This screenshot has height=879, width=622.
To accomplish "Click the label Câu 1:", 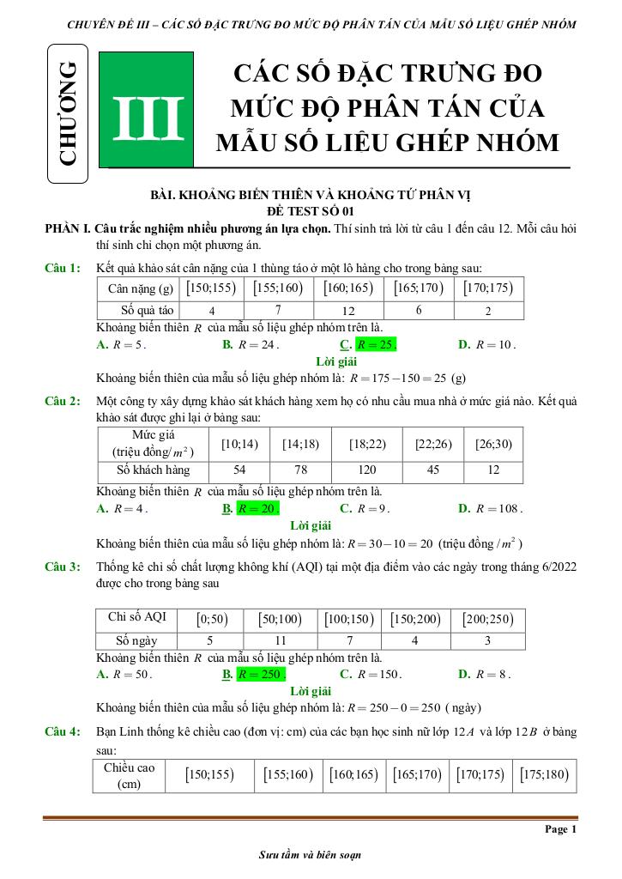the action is [63, 269].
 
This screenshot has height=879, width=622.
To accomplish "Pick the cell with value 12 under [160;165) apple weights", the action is [348, 310].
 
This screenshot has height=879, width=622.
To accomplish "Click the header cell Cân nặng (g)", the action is [137, 288].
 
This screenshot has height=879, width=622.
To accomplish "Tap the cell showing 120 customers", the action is [367, 470].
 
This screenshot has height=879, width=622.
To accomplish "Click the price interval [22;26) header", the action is [433, 444].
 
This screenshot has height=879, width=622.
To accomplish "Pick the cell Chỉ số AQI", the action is [137, 617].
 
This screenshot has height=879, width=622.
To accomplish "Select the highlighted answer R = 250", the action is [261, 675].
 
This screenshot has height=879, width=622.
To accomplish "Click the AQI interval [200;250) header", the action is [488, 618].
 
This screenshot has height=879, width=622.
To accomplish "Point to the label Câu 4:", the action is [63, 731].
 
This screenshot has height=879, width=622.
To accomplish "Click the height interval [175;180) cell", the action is [544, 774].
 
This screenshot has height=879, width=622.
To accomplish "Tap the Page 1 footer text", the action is [561, 830].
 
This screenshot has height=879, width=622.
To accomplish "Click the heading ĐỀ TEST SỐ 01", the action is [311, 210].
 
